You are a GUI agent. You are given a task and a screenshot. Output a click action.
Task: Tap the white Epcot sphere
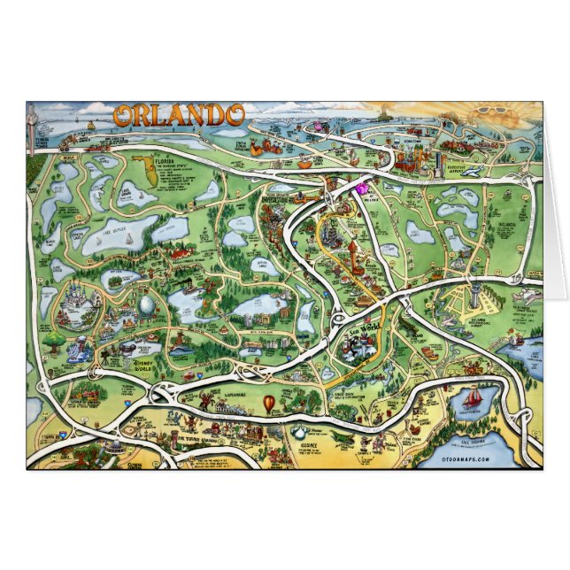(x=147, y=306)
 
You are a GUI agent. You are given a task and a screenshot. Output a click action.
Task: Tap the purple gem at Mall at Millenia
(x=362, y=186)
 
